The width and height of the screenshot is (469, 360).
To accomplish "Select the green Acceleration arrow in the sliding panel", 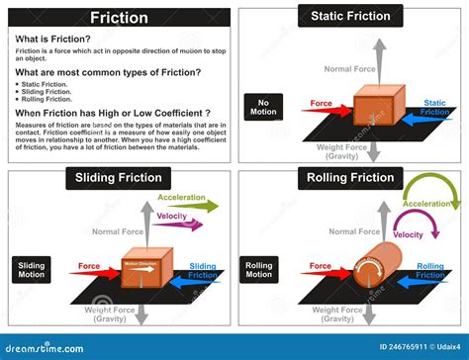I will pos(193,209).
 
